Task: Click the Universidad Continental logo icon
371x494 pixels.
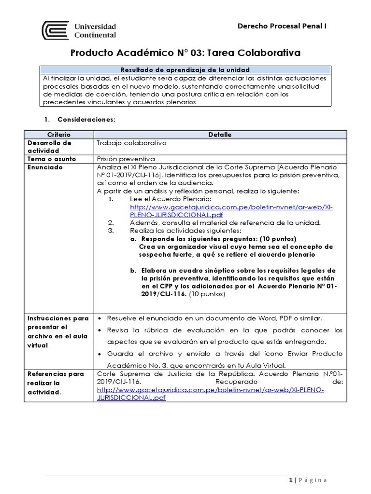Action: click(56, 30)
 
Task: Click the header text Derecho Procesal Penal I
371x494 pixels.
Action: click(282, 26)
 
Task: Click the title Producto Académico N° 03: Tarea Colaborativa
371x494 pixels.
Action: click(185, 53)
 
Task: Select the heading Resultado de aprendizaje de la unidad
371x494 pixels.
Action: click(185, 70)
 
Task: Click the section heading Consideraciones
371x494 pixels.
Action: click(86, 119)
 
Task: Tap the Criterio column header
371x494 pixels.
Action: click(59, 135)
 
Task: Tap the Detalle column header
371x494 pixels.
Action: click(219, 135)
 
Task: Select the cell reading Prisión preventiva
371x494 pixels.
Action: click(126, 158)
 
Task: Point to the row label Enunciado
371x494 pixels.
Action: click(45, 167)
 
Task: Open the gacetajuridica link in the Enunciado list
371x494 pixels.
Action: click(231, 210)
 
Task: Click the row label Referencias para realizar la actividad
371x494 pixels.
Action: click(56, 383)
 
